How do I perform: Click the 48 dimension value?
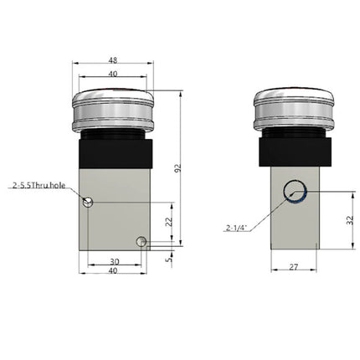click(x=114, y=60)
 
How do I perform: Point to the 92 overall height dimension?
click(x=177, y=169)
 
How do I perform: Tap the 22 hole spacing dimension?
click(x=168, y=221)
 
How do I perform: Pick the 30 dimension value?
click(x=114, y=262)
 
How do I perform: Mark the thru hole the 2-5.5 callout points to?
click(x=89, y=200)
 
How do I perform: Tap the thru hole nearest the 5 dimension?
click(x=143, y=243)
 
